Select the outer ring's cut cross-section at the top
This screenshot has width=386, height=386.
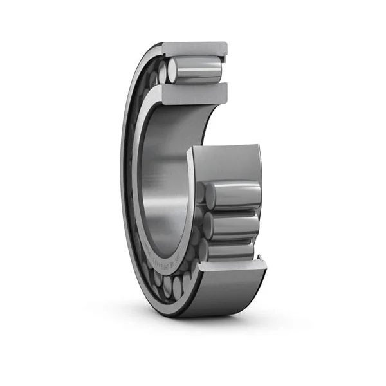tap(193, 48)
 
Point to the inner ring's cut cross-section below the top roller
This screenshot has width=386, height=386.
tap(193, 94)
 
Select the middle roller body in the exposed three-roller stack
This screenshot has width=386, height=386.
tap(234, 225)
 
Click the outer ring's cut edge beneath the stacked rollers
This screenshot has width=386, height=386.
tap(228, 264)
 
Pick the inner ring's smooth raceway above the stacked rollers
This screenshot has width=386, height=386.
tap(225, 164)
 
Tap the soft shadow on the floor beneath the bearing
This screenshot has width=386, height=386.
tap(193, 322)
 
